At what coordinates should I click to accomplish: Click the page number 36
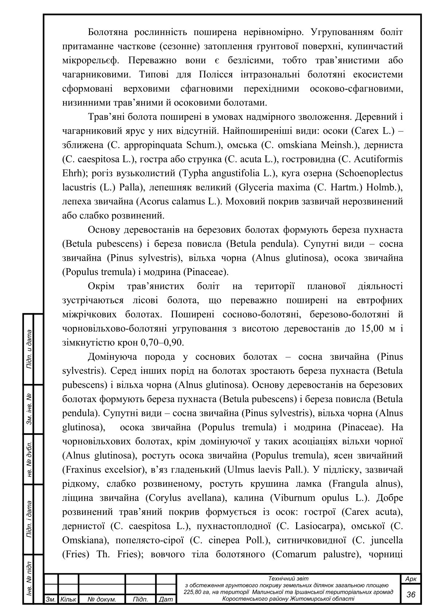(x=411, y=594)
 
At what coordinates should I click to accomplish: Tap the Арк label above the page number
(x=411, y=579)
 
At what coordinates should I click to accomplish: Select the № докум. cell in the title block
(x=102, y=599)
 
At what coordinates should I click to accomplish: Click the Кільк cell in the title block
(x=68, y=599)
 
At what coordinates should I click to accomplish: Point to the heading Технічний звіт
(x=288, y=578)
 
